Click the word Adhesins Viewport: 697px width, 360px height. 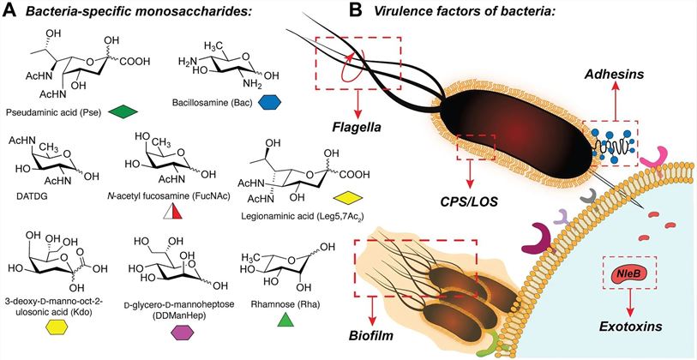(x=610, y=75)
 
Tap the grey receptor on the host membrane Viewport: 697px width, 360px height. (x=591, y=196)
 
